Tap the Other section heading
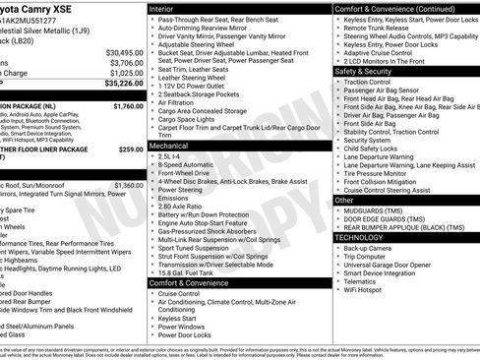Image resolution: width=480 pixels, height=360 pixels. click(344, 200)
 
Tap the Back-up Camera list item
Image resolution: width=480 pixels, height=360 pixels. click(368, 248)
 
